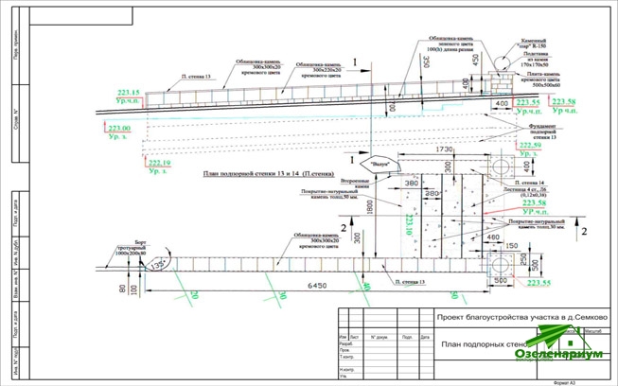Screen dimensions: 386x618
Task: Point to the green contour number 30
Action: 281,294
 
